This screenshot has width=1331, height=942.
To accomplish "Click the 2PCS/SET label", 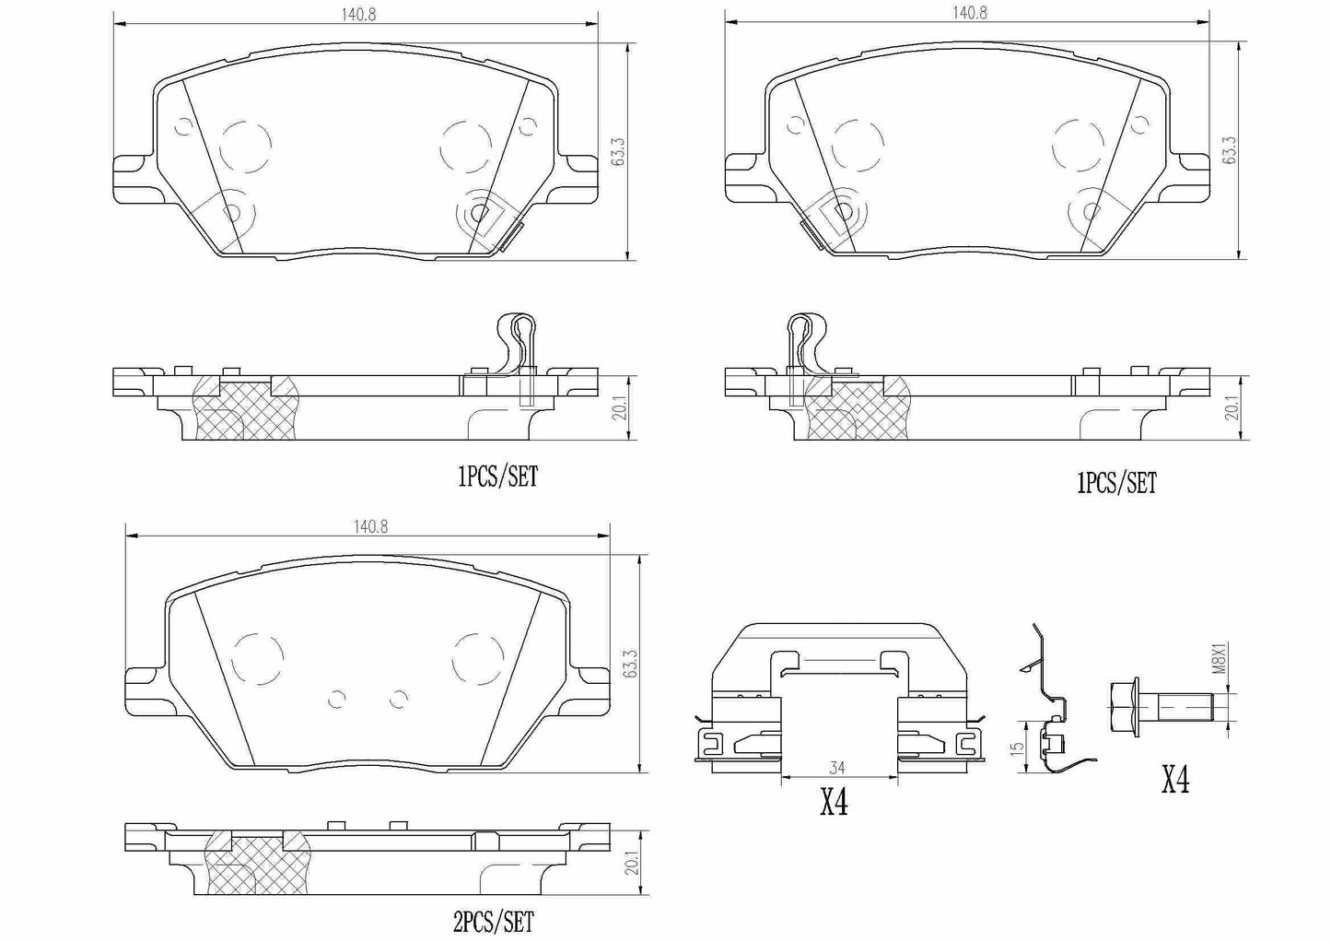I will click(494, 921).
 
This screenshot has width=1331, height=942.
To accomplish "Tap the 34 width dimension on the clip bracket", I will click(837, 767).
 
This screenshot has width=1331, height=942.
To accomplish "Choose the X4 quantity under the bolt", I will click(1174, 782).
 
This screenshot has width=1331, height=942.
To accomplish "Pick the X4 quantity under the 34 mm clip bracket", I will click(834, 804).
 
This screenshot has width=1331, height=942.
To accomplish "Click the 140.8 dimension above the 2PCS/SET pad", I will click(369, 526).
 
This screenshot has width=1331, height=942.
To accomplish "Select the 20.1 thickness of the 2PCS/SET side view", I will click(632, 864).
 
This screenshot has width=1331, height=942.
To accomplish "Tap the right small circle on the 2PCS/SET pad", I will click(398, 700).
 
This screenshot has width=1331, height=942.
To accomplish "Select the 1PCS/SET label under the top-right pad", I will click(1115, 483).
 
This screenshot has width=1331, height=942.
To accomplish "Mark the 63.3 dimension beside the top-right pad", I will click(1230, 150).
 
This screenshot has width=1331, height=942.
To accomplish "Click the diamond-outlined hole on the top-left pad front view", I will click(478, 213).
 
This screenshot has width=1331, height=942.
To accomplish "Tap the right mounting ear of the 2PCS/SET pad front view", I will click(590, 684).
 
